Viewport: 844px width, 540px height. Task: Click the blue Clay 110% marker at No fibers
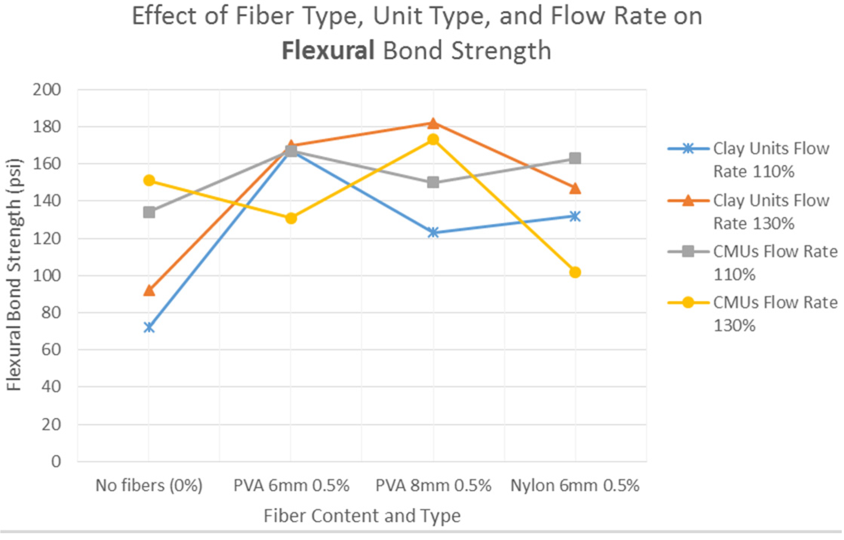tap(149, 327)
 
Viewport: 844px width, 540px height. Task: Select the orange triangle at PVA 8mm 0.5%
tap(433, 123)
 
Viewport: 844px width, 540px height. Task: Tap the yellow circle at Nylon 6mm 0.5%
tap(575, 272)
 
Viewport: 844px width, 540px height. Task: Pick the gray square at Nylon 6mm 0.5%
tap(575, 158)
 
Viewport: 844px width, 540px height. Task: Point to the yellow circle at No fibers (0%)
tap(149, 180)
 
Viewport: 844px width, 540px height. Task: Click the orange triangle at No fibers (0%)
tap(149, 291)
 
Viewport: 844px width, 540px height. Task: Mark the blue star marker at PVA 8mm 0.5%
tap(433, 232)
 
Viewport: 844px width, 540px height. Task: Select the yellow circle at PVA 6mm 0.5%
tap(291, 218)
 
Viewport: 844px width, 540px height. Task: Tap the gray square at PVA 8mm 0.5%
tap(433, 183)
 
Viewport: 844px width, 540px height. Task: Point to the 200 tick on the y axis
tap(47, 90)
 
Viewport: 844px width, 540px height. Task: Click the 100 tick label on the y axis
tap(47, 276)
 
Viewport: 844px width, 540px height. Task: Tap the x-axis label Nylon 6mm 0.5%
tap(575, 485)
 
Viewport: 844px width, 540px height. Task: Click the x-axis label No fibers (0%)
tap(149, 485)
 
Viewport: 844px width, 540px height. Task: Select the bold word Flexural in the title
tap(328, 51)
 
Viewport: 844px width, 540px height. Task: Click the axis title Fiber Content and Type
tap(362, 515)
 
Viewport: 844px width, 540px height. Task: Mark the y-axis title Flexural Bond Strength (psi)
tap(14, 275)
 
